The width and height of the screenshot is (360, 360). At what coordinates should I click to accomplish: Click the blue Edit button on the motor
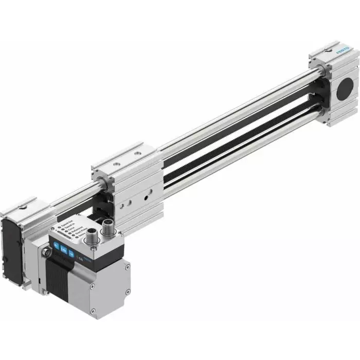(x=64, y=250)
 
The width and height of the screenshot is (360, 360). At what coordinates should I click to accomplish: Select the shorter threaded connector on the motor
(x=92, y=235)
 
